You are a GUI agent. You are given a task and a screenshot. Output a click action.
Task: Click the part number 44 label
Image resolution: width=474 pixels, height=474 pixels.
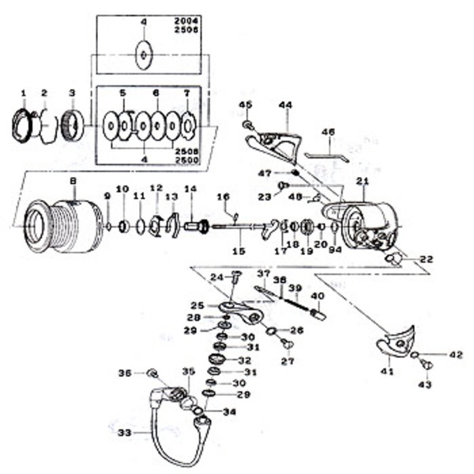pyautogui.click(x=285, y=104)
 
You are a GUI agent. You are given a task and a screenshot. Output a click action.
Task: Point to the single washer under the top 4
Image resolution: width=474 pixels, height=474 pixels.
pyautogui.click(x=145, y=55)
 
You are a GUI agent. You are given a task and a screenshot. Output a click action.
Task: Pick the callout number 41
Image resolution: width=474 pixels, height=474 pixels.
pyautogui.click(x=386, y=371)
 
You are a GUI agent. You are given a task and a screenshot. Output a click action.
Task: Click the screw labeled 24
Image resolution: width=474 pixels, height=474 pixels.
pyautogui.click(x=236, y=276)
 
